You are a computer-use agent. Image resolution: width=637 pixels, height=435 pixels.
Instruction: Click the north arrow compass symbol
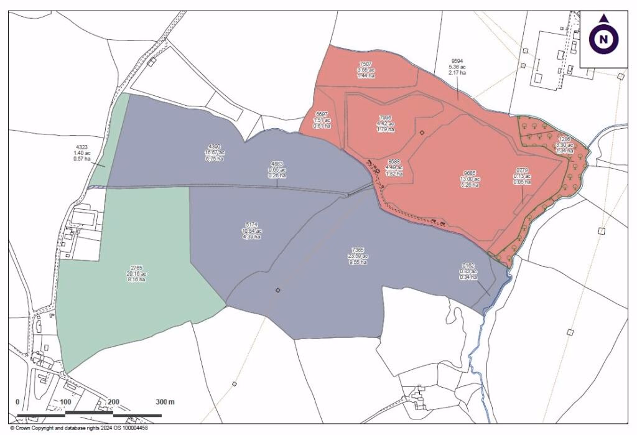[x=603, y=38]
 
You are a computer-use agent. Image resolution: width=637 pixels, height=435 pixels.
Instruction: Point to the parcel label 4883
[x=277, y=164]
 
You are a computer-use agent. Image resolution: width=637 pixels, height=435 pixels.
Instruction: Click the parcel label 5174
[x=252, y=225]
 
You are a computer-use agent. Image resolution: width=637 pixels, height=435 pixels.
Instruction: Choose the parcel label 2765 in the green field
[x=135, y=268]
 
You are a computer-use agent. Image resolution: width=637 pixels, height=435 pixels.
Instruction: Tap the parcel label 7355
[x=358, y=250]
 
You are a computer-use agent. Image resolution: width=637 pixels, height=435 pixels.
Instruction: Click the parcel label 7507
[x=366, y=64]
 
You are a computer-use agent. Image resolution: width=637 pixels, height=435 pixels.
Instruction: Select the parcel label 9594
[x=457, y=62]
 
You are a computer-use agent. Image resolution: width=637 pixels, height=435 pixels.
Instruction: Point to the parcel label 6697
[x=322, y=115]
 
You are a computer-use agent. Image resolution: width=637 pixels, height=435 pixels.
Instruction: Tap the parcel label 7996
[x=386, y=118]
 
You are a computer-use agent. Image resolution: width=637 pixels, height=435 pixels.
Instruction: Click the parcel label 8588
[x=394, y=161]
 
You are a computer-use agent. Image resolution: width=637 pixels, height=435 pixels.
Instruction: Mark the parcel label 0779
[x=522, y=170]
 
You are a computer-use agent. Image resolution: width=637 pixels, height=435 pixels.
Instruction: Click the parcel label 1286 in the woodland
[x=564, y=139]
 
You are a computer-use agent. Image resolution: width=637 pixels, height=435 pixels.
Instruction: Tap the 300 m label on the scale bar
[x=165, y=401]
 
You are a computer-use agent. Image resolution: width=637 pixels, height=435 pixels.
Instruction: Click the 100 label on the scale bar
[x=66, y=401]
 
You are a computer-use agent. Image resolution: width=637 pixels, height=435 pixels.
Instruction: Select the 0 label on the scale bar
[x=17, y=401]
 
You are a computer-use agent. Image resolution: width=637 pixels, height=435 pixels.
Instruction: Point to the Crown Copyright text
[x=78, y=428]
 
